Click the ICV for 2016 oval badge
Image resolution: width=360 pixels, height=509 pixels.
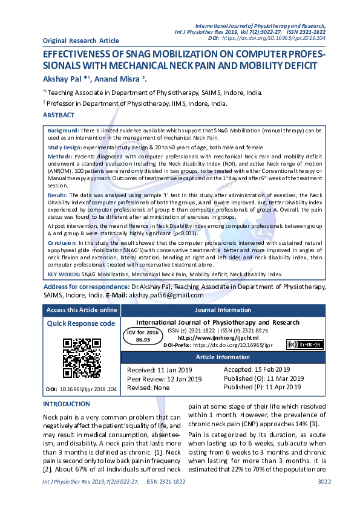(x=143, y=336)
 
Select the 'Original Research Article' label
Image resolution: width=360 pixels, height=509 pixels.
(x=80, y=41)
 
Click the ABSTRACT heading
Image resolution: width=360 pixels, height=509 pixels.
(x=59, y=115)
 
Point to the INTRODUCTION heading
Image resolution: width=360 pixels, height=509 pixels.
(x=66, y=404)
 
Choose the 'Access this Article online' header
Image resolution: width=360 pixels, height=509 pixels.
(x=82, y=310)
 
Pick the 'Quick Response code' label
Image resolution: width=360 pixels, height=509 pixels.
(x=81, y=323)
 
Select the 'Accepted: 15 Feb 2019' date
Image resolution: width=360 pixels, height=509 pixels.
(x=257, y=369)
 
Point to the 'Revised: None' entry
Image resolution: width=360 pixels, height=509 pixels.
(x=148, y=387)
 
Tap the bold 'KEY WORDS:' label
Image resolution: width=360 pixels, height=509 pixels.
(x=63, y=274)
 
